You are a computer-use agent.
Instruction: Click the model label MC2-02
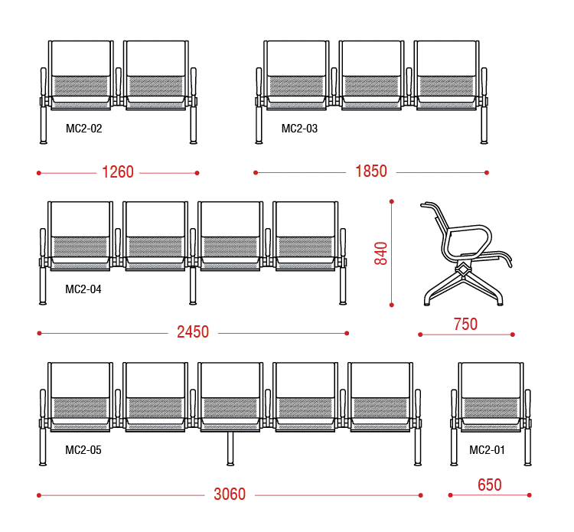(84, 129)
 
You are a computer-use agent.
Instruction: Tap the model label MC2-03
(299, 129)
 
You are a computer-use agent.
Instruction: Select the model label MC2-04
(83, 289)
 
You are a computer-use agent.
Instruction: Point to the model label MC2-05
(83, 450)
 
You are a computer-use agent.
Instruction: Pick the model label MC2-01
(487, 450)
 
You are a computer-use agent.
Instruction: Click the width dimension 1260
(118, 172)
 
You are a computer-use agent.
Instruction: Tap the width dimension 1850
(371, 171)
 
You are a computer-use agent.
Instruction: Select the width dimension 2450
(193, 332)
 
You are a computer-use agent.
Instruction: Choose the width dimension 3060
(230, 494)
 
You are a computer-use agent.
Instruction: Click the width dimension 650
(490, 485)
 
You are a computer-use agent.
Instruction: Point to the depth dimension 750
(465, 325)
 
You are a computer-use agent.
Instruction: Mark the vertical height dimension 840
(380, 253)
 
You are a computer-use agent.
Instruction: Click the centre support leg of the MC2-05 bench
(230, 449)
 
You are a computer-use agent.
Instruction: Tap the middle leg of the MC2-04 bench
(193, 286)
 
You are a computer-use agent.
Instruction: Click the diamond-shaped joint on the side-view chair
(464, 270)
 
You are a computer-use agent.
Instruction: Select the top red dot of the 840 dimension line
(392, 201)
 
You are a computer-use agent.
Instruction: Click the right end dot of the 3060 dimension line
(421, 495)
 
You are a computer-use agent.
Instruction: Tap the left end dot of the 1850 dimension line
(256, 172)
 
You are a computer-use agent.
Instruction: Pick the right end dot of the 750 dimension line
(513, 335)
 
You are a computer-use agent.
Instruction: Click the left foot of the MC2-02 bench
(43, 142)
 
